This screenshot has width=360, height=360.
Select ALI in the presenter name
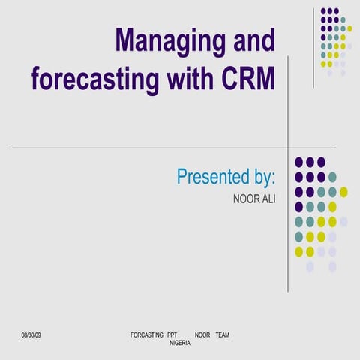click(x=268, y=200)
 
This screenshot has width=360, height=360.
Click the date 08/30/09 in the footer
click(x=31, y=334)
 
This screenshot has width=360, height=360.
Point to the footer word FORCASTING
click(x=146, y=334)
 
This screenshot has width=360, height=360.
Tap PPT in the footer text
click(x=172, y=334)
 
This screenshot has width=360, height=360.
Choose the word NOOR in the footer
click(x=202, y=334)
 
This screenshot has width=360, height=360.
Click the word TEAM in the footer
click(x=222, y=334)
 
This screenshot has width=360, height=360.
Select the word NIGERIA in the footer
click(x=179, y=342)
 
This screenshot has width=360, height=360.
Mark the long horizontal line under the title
click(x=150, y=148)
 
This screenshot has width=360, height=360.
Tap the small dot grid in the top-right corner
click(x=334, y=42)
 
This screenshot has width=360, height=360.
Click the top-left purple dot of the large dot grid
click(x=298, y=162)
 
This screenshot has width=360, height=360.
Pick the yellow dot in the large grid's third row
click(x=343, y=192)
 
